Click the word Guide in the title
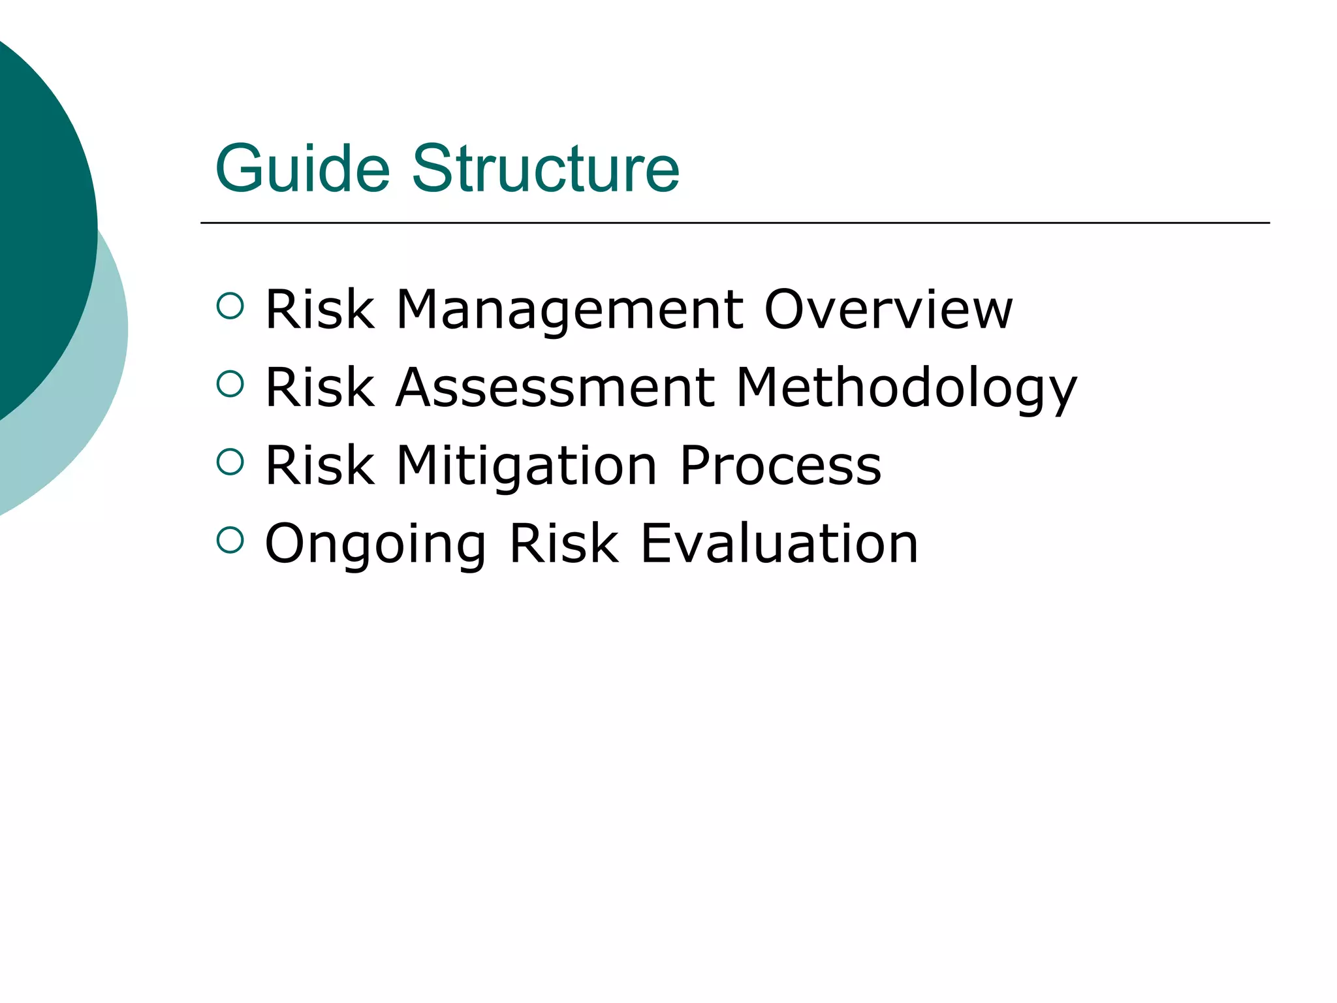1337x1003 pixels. (302, 169)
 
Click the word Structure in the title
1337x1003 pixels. (546, 169)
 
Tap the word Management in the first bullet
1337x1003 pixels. (569, 311)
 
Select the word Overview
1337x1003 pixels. (888, 310)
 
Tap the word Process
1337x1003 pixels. (780, 466)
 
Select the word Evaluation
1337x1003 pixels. (779, 543)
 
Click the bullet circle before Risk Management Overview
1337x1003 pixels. (230, 306)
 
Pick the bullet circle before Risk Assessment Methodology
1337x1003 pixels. (230, 384)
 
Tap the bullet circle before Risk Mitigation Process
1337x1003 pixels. (230, 462)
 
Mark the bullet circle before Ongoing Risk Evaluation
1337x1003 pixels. (230, 540)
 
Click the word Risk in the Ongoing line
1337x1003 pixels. (563, 543)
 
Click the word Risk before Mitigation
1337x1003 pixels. (320, 466)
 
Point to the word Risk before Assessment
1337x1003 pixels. (320, 388)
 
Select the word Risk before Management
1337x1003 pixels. (320, 310)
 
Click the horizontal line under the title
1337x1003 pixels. (734, 223)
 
